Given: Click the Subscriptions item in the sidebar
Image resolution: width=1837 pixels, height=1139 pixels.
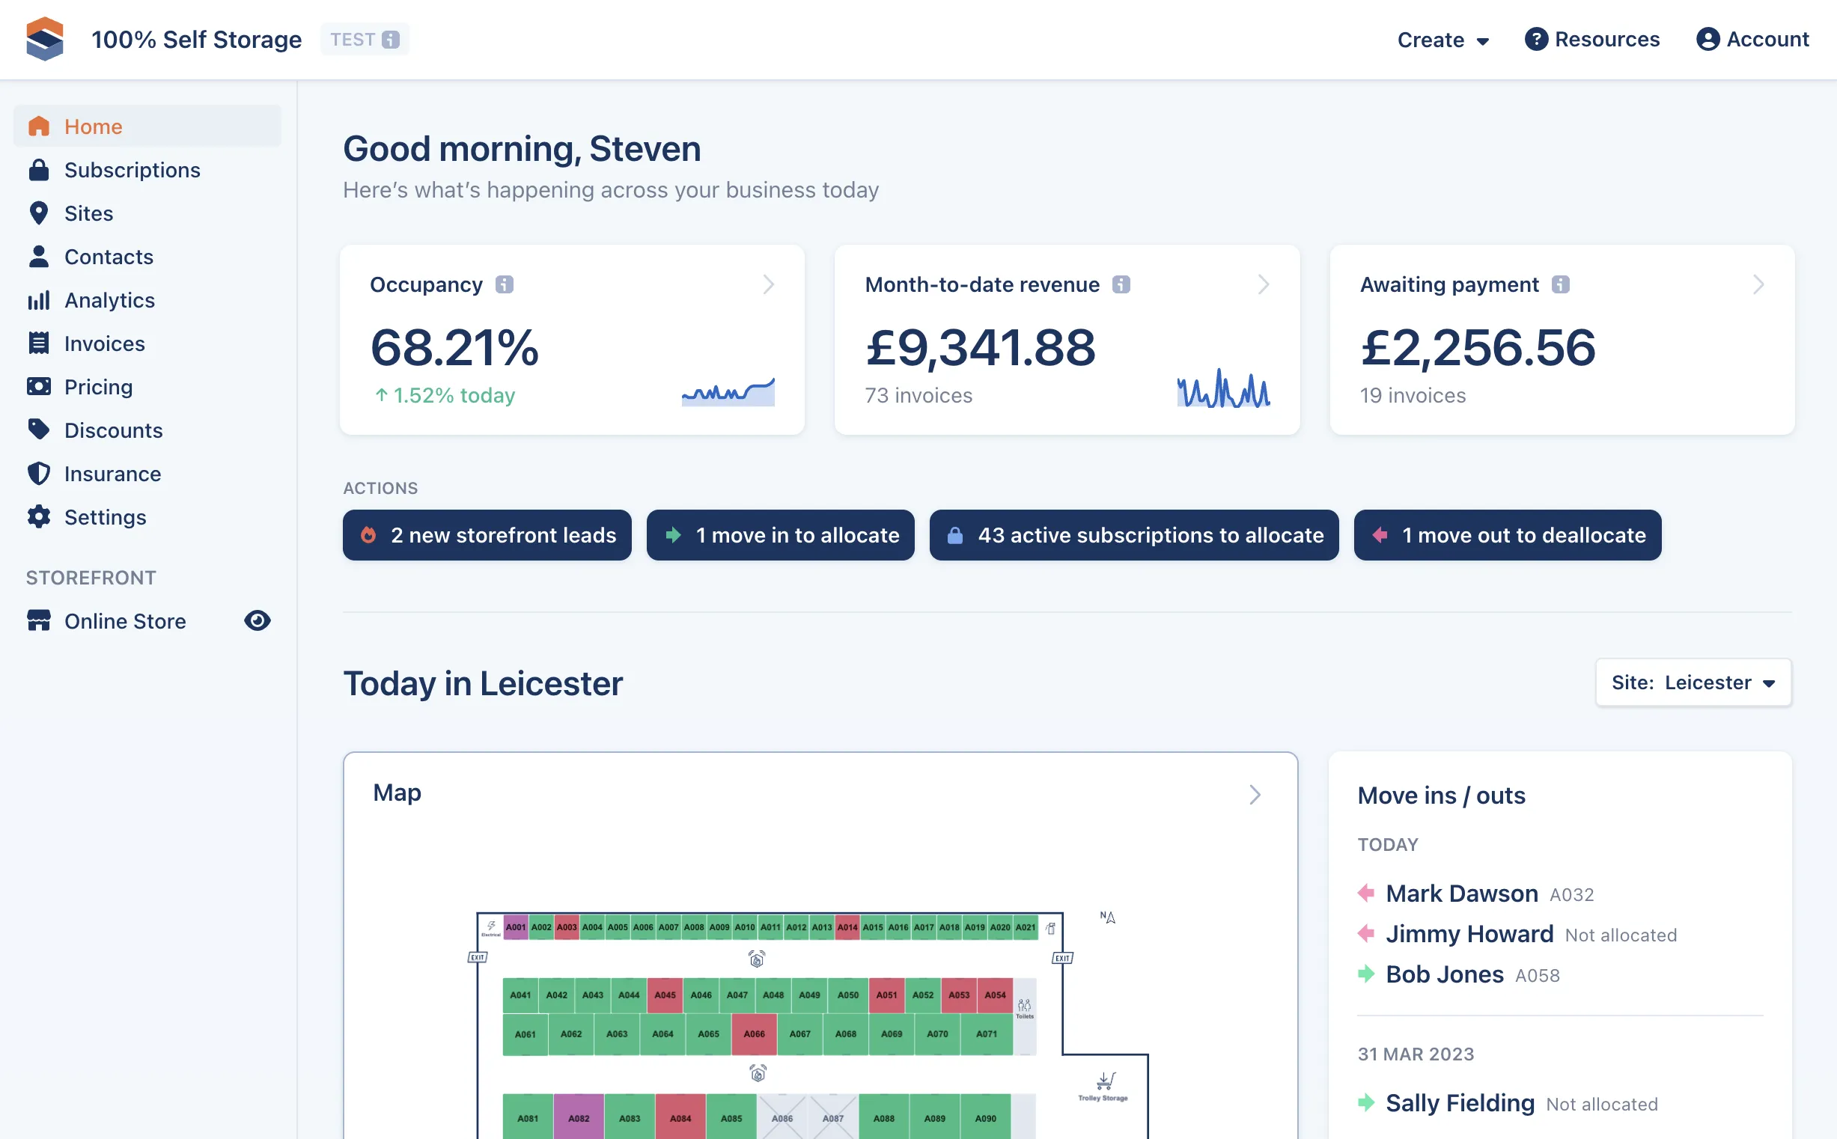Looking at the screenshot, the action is click(x=132, y=170).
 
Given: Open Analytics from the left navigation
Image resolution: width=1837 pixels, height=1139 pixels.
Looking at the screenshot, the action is click(x=109, y=301).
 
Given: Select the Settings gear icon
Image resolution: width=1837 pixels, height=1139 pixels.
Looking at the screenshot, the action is click(x=39, y=517).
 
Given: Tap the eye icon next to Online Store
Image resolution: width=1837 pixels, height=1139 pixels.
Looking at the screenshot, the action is click(x=257, y=620).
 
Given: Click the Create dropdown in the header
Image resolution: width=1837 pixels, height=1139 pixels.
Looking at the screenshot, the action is click(x=1443, y=39).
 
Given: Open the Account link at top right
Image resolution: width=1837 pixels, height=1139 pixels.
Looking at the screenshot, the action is click(x=1752, y=39).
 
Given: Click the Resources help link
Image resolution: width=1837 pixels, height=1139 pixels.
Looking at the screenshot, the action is click(x=1591, y=39).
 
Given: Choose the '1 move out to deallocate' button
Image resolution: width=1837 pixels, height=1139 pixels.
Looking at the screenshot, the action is click(x=1507, y=535).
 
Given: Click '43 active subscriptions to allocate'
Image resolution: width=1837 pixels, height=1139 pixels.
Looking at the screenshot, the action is click(x=1134, y=535).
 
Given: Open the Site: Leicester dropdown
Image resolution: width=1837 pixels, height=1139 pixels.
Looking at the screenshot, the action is click(x=1693, y=683).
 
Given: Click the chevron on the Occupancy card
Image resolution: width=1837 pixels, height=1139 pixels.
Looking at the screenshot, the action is click(x=768, y=284).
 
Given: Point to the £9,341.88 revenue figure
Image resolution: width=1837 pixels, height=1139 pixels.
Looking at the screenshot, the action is click(x=981, y=347).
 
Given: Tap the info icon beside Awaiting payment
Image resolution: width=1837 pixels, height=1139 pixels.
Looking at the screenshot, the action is click(x=1561, y=284).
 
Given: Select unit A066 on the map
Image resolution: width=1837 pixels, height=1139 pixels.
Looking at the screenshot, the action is click(x=755, y=1034).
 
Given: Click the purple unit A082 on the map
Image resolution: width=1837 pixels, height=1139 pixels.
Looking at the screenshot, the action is click(x=579, y=1117).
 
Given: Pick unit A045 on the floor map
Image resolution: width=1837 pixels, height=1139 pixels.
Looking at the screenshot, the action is click(x=665, y=995).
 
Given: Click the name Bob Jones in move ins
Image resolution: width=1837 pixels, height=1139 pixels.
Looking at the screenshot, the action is click(x=1445, y=975).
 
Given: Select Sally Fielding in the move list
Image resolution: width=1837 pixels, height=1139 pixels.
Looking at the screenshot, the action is click(x=1460, y=1104).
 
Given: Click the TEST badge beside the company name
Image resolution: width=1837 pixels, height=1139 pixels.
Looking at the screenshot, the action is click(x=365, y=39).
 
